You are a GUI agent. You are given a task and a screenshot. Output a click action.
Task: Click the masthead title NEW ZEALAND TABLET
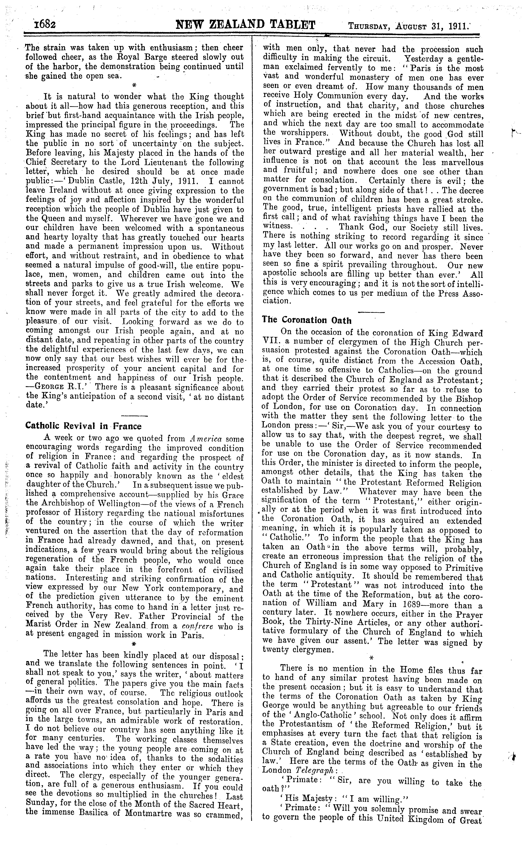246,25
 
